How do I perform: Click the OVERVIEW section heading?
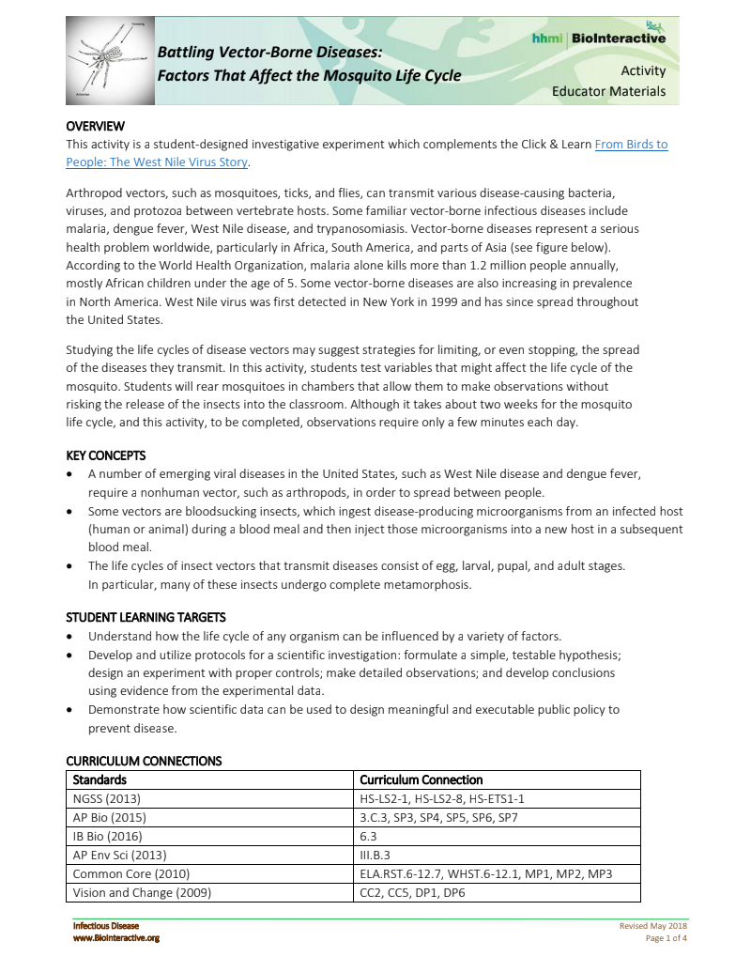click(95, 127)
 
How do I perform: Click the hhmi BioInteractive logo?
click(598, 38)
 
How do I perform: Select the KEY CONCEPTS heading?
click(107, 455)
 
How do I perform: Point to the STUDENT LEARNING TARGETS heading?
click(146, 617)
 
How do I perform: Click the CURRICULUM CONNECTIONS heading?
click(144, 761)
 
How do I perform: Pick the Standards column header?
click(100, 779)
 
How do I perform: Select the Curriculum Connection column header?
click(421, 779)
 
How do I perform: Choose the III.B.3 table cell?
click(375, 855)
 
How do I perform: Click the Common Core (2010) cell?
click(124, 873)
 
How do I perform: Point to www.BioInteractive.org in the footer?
click(116, 938)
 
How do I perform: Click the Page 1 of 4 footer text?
click(667, 938)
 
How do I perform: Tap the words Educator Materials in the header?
click(608, 91)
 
